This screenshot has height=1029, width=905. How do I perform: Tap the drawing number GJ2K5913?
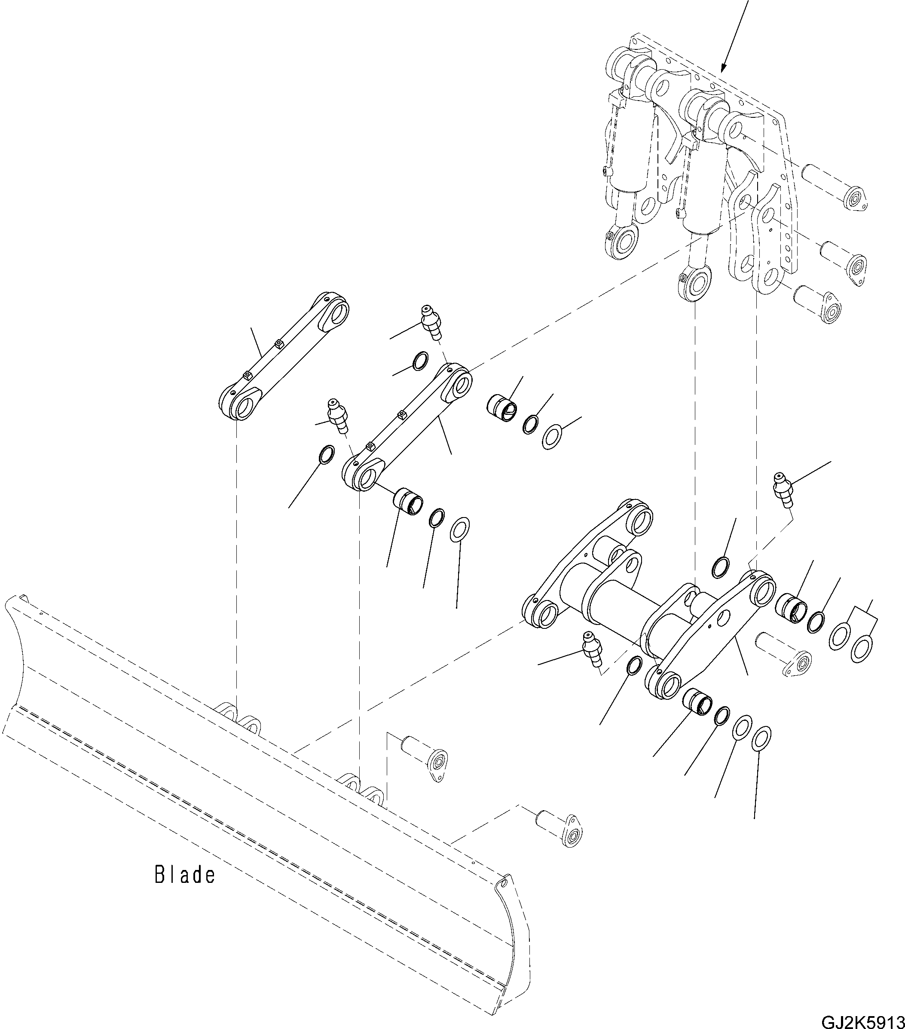point(862,1021)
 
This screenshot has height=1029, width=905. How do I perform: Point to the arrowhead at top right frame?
point(724,67)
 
